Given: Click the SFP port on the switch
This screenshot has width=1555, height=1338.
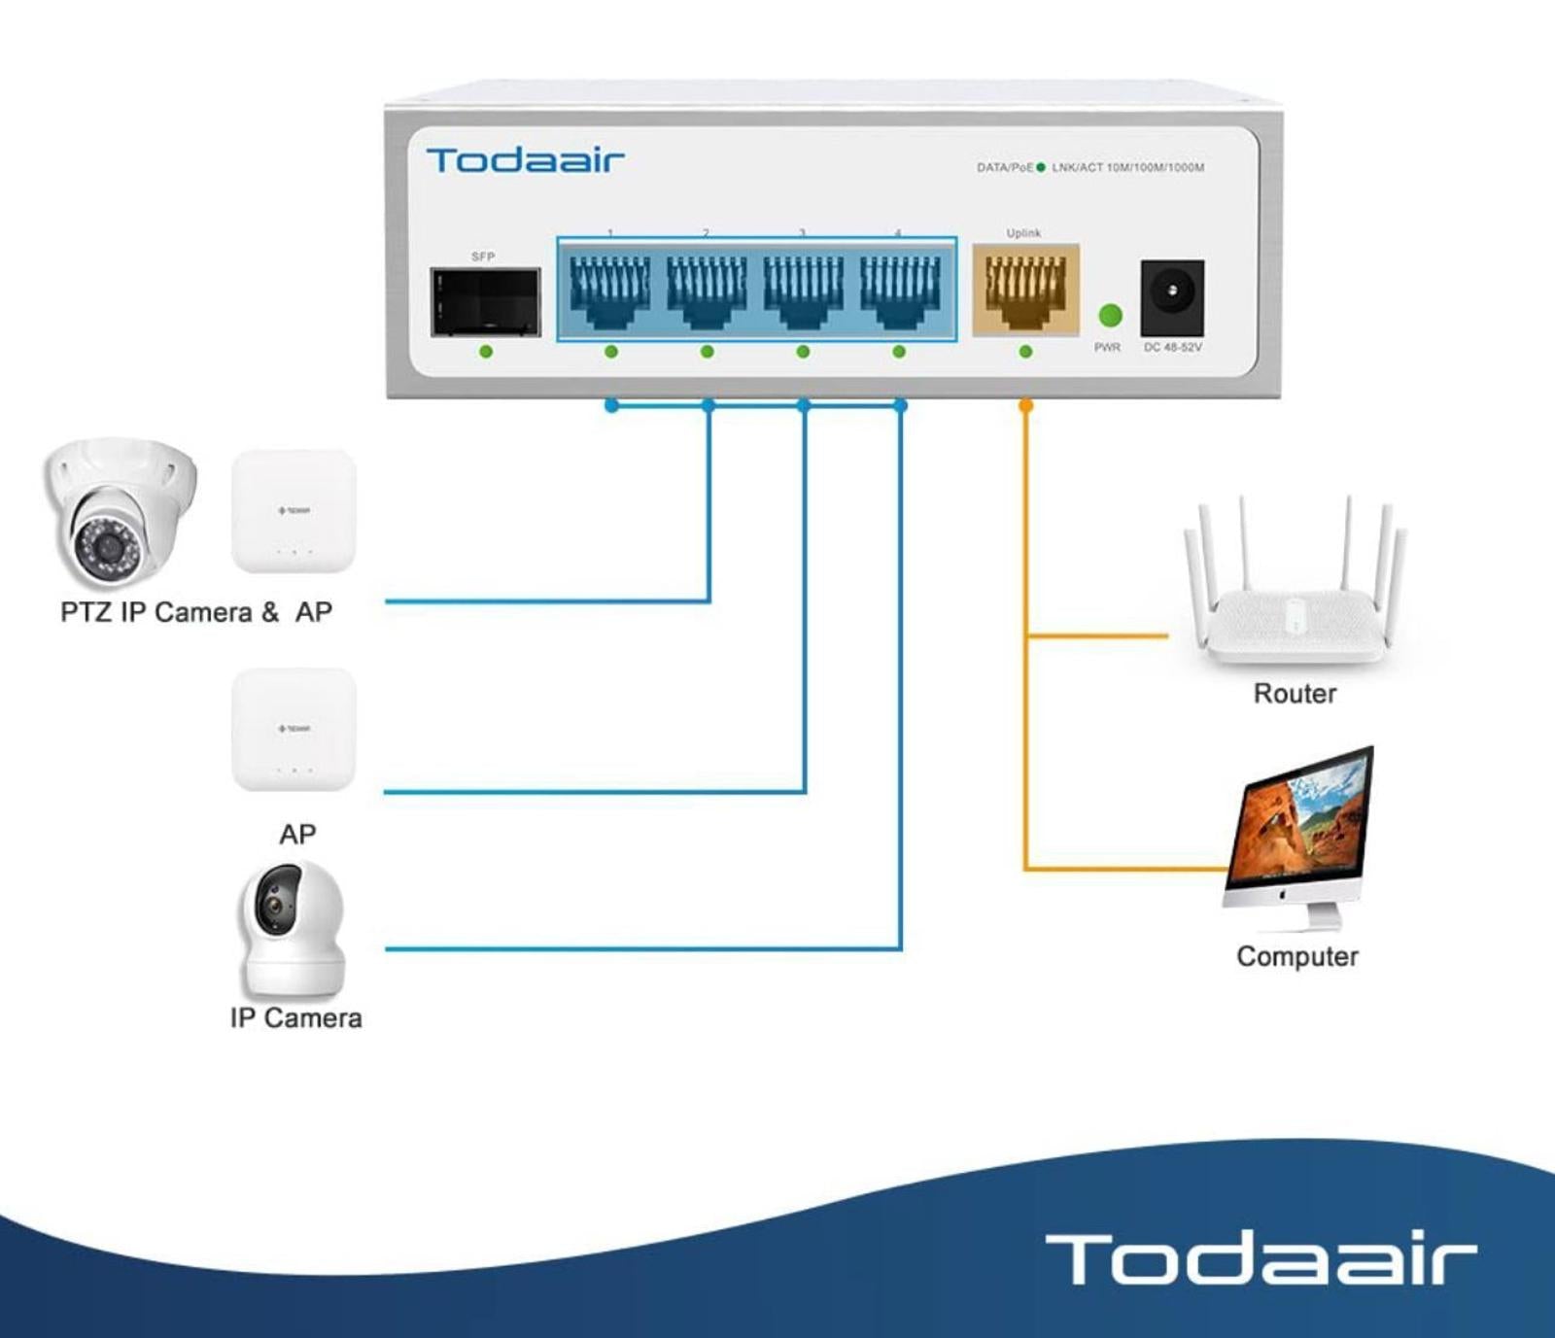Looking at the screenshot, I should tap(485, 301).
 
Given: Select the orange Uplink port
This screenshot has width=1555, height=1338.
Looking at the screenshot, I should tap(1025, 289).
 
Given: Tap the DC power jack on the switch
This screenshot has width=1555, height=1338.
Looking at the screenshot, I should tap(1172, 297).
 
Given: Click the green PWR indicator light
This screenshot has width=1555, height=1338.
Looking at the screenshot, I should tap(1110, 315).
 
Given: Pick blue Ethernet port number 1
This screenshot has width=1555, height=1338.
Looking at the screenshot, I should tap(610, 289).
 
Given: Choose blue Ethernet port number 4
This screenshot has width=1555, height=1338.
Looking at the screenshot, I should tap(899, 289).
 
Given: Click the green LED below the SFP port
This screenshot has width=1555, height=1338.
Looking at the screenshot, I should tap(486, 352).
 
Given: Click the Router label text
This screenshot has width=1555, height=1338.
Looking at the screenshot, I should tap(1295, 694).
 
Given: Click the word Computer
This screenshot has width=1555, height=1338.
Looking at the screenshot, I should tap(1297, 957).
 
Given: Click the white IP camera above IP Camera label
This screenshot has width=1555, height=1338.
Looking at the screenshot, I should tap(293, 928).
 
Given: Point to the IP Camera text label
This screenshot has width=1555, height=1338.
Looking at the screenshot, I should tap(296, 1018).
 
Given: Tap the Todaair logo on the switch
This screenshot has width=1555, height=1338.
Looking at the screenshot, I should tap(525, 160).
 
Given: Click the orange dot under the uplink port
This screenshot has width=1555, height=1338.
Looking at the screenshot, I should tap(1025, 405).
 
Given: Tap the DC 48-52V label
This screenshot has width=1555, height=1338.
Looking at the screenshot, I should tap(1172, 347).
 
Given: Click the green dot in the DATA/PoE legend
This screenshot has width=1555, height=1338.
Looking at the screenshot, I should tap(1041, 167).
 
